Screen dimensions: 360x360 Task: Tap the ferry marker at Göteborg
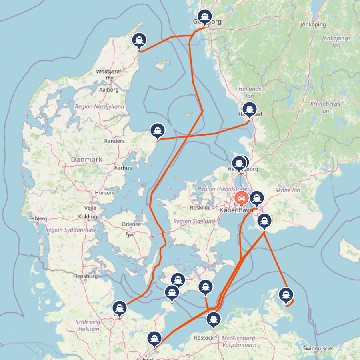[x=205, y=17]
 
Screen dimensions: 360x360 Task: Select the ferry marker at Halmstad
[x=250, y=109]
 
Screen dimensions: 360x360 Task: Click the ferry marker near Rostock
[x=213, y=320]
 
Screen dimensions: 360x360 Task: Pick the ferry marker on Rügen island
[x=286, y=295]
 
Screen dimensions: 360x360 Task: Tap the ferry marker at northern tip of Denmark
[x=139, y=40]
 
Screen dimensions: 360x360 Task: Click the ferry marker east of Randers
[x=158, y=130]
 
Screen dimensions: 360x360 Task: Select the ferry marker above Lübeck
[x=154, y=338]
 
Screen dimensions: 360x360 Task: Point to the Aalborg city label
[x=109, y=90]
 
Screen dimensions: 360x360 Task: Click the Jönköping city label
[x=313, y=24]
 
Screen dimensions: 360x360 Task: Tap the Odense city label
[x=131, y=224]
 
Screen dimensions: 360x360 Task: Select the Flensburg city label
[x=86, y=276]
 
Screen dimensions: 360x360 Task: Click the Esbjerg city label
[x=38, y=218]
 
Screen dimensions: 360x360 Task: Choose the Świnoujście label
[x=318, y=348]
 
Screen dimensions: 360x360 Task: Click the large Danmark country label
[x=86, y=159]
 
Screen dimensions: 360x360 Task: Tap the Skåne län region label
[x=288, y=190]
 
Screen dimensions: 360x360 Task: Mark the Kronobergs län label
[x=325, y=107]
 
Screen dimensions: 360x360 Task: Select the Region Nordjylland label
[x=99, y=107]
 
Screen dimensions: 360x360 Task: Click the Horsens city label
[x=105, y=193]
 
